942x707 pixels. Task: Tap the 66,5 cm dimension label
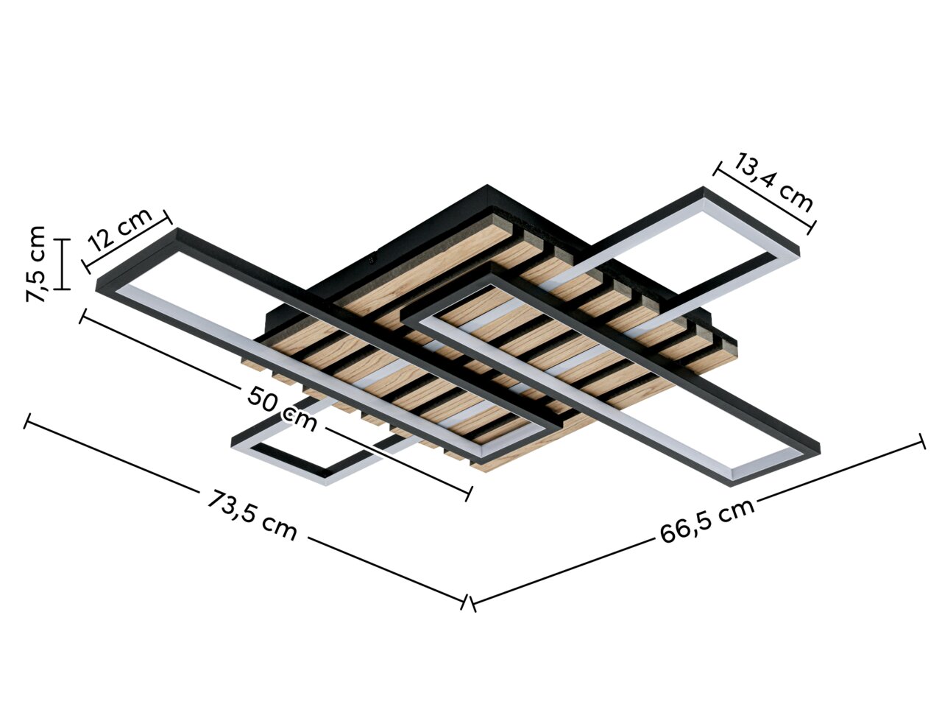(706, 521)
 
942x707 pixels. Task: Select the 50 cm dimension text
(282, 409)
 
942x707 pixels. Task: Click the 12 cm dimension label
(120, 229)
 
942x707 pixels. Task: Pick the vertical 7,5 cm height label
(36, 264)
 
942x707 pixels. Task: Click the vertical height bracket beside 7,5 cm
(63, 264)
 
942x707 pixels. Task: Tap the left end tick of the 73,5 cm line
(27, 421)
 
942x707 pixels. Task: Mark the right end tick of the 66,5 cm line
(922, 441)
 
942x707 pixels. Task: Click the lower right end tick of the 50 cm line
(468, 493)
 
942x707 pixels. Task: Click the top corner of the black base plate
(486, 186)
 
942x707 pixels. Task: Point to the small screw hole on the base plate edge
(373, 259)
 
